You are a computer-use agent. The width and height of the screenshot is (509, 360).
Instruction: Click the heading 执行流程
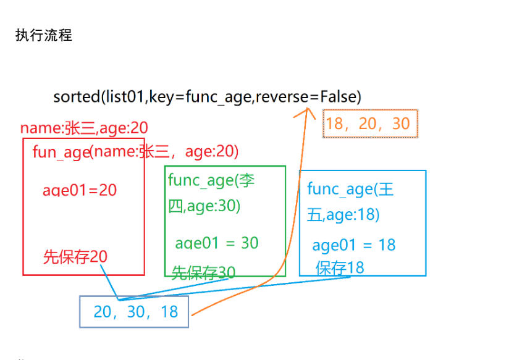43,35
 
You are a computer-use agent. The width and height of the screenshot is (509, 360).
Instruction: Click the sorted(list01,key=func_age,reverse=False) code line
207,96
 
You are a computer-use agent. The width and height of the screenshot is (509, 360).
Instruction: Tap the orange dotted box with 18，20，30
371,124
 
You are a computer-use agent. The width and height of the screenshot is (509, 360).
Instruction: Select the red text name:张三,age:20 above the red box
84,128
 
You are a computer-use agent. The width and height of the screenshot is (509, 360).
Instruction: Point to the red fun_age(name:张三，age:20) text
135,151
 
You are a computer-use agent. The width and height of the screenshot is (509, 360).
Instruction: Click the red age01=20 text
80,190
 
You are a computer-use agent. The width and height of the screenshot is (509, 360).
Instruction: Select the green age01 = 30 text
217,243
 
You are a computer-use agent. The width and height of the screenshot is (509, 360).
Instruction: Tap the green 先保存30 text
203,272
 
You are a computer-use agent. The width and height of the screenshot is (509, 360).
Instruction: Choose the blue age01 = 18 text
353,245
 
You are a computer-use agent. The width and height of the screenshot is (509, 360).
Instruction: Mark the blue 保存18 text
340,267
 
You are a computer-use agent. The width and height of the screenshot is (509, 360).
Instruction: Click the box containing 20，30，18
134,312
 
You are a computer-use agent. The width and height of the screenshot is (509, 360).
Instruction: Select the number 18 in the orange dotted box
334,124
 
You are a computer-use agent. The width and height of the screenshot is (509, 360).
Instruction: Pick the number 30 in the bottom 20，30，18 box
135,312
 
